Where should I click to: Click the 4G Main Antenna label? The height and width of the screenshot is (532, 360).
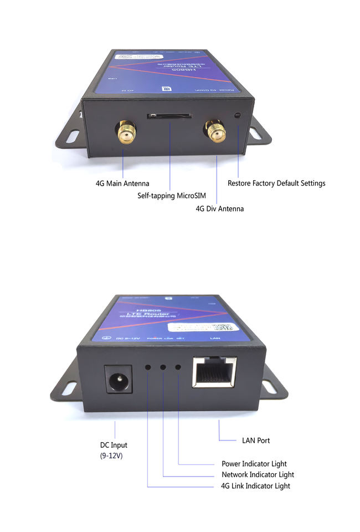coord(122,183)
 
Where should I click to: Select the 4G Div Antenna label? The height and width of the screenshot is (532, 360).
coord(219,209)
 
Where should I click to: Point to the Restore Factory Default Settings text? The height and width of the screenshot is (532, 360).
coord(276,183)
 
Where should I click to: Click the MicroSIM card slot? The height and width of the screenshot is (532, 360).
coord(169,116)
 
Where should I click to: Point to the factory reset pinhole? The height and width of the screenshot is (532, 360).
coord(238,115)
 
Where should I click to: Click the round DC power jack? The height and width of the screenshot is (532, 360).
coord(118,380)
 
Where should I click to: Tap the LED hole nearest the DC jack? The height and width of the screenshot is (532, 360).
coord(148,367)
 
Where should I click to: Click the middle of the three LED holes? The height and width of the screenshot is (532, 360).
coord(163,367)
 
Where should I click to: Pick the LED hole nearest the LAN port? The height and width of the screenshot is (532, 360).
coord(178,367)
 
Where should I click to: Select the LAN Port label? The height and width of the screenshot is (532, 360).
coord(256,441)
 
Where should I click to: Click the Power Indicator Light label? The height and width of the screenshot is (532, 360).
coord(254,463)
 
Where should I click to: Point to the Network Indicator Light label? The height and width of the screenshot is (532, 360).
coord(258,474)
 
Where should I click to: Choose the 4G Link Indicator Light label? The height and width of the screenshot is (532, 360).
coord(255,486)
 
